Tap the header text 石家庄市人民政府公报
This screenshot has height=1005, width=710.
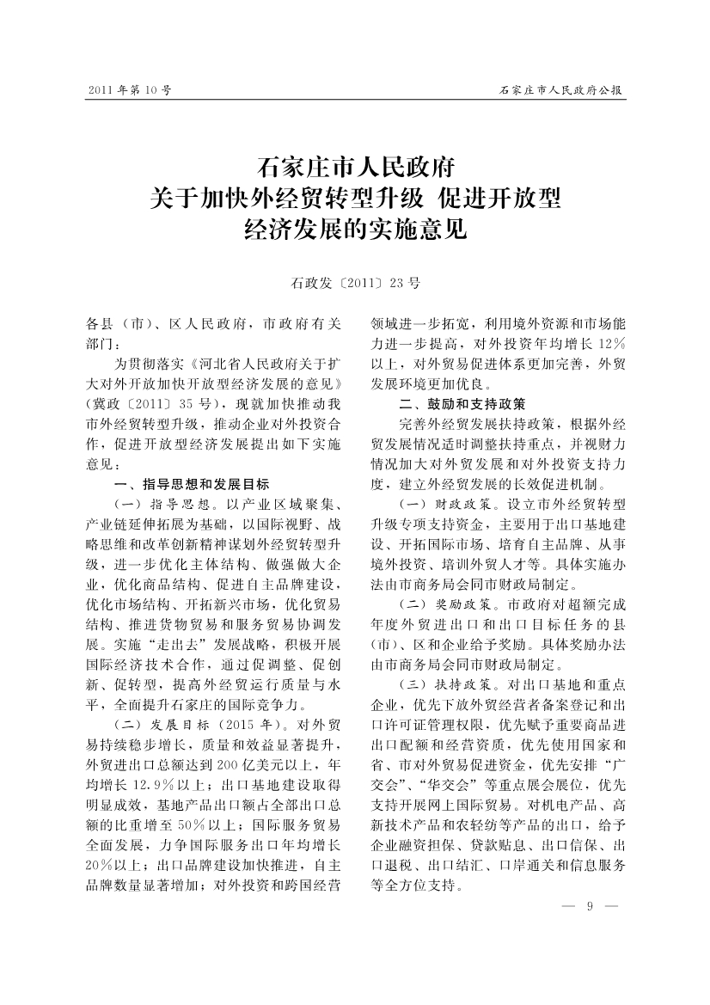point(561,89)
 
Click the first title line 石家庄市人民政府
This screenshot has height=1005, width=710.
point(355,165)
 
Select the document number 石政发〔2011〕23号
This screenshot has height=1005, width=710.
point(355,282)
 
